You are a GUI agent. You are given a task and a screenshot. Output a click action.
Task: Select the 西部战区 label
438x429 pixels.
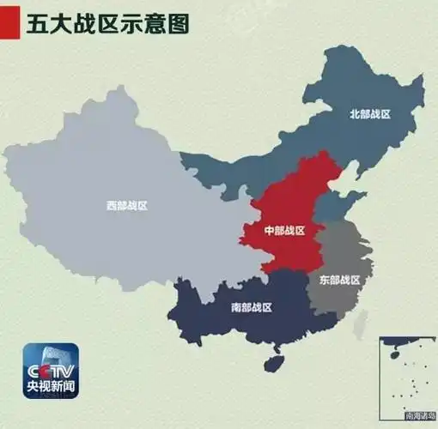click(127, 206)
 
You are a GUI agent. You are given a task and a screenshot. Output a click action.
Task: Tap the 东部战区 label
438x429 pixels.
click(338, 280)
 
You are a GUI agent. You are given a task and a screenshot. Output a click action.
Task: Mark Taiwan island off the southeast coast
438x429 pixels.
click(362, 323)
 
